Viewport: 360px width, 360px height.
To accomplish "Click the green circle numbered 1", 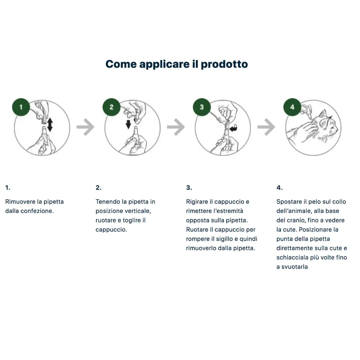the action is [21, 107].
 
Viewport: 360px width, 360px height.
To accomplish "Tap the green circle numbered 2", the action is [111, 107].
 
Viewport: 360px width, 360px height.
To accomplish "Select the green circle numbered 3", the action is [202, 107].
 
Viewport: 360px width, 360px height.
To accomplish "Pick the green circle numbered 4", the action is [292, 107].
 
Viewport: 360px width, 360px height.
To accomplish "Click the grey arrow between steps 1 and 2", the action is [85, 127].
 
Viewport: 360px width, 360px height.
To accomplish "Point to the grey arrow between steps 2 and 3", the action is [176, 127].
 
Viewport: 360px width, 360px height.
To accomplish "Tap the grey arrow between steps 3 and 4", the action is [266, 127].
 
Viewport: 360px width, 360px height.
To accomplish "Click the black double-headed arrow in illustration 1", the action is [50, 125].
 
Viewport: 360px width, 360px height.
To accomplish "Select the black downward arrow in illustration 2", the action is [128, 124].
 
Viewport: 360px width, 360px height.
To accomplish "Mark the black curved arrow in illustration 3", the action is [233, 128].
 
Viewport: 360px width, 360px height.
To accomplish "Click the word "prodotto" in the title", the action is [224, 64].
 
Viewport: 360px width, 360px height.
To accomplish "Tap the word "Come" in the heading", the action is [121, 64].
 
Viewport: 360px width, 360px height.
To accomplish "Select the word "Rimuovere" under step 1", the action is [20, 202].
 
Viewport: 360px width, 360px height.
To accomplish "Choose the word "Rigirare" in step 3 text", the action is [197, 202].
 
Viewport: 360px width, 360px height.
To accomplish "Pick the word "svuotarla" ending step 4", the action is [295, 267].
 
